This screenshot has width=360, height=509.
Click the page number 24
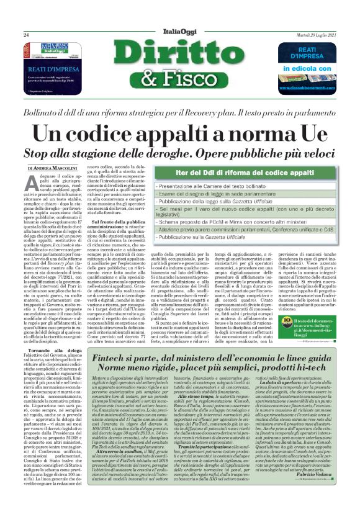[27, 34]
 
